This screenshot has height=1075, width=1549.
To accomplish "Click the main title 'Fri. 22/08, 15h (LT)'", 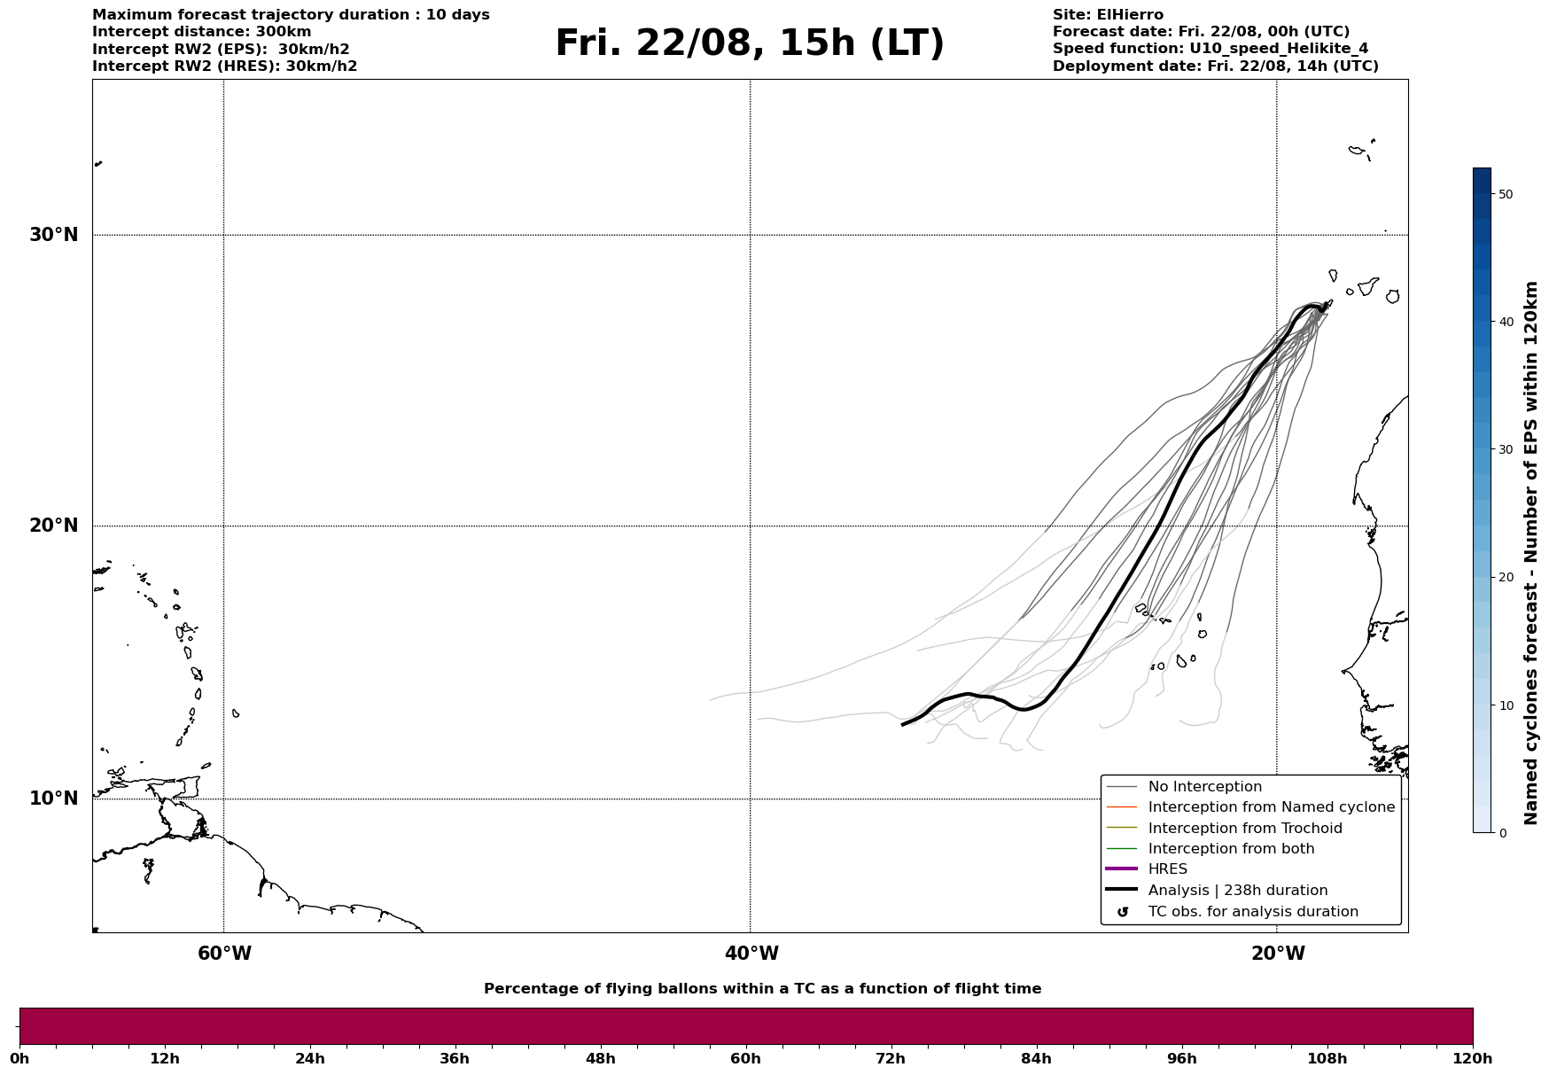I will pos(750,43).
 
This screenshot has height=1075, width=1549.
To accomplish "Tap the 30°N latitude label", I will pos(54,235).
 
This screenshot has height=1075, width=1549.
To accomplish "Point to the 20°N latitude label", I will pos(54,526).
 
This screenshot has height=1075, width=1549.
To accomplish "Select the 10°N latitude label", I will pos(54,798).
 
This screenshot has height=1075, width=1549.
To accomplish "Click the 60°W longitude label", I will pos(224,954).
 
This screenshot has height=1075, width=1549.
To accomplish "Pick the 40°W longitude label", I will pos(751,954).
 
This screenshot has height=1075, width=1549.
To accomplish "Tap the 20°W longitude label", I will pos(1278,954).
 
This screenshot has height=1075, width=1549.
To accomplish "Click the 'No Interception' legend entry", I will pos(1204,787).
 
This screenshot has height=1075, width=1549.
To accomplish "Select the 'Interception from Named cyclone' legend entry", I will pos(1271,807).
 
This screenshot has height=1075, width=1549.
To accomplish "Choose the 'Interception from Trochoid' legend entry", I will pos(1244,829).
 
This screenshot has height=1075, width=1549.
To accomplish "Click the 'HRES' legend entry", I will pos(1167,869).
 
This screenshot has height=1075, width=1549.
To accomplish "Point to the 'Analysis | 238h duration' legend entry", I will pos(1237,891).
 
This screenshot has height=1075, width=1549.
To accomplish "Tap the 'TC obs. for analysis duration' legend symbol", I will pos(1123,912).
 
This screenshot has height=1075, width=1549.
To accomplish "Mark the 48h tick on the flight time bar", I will pos(600,1058).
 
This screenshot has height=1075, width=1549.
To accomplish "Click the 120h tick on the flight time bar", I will pos(1473,1058).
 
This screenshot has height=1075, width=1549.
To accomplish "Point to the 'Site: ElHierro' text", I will pos(1108,15).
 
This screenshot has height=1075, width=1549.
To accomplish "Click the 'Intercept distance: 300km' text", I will pos(201,32).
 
